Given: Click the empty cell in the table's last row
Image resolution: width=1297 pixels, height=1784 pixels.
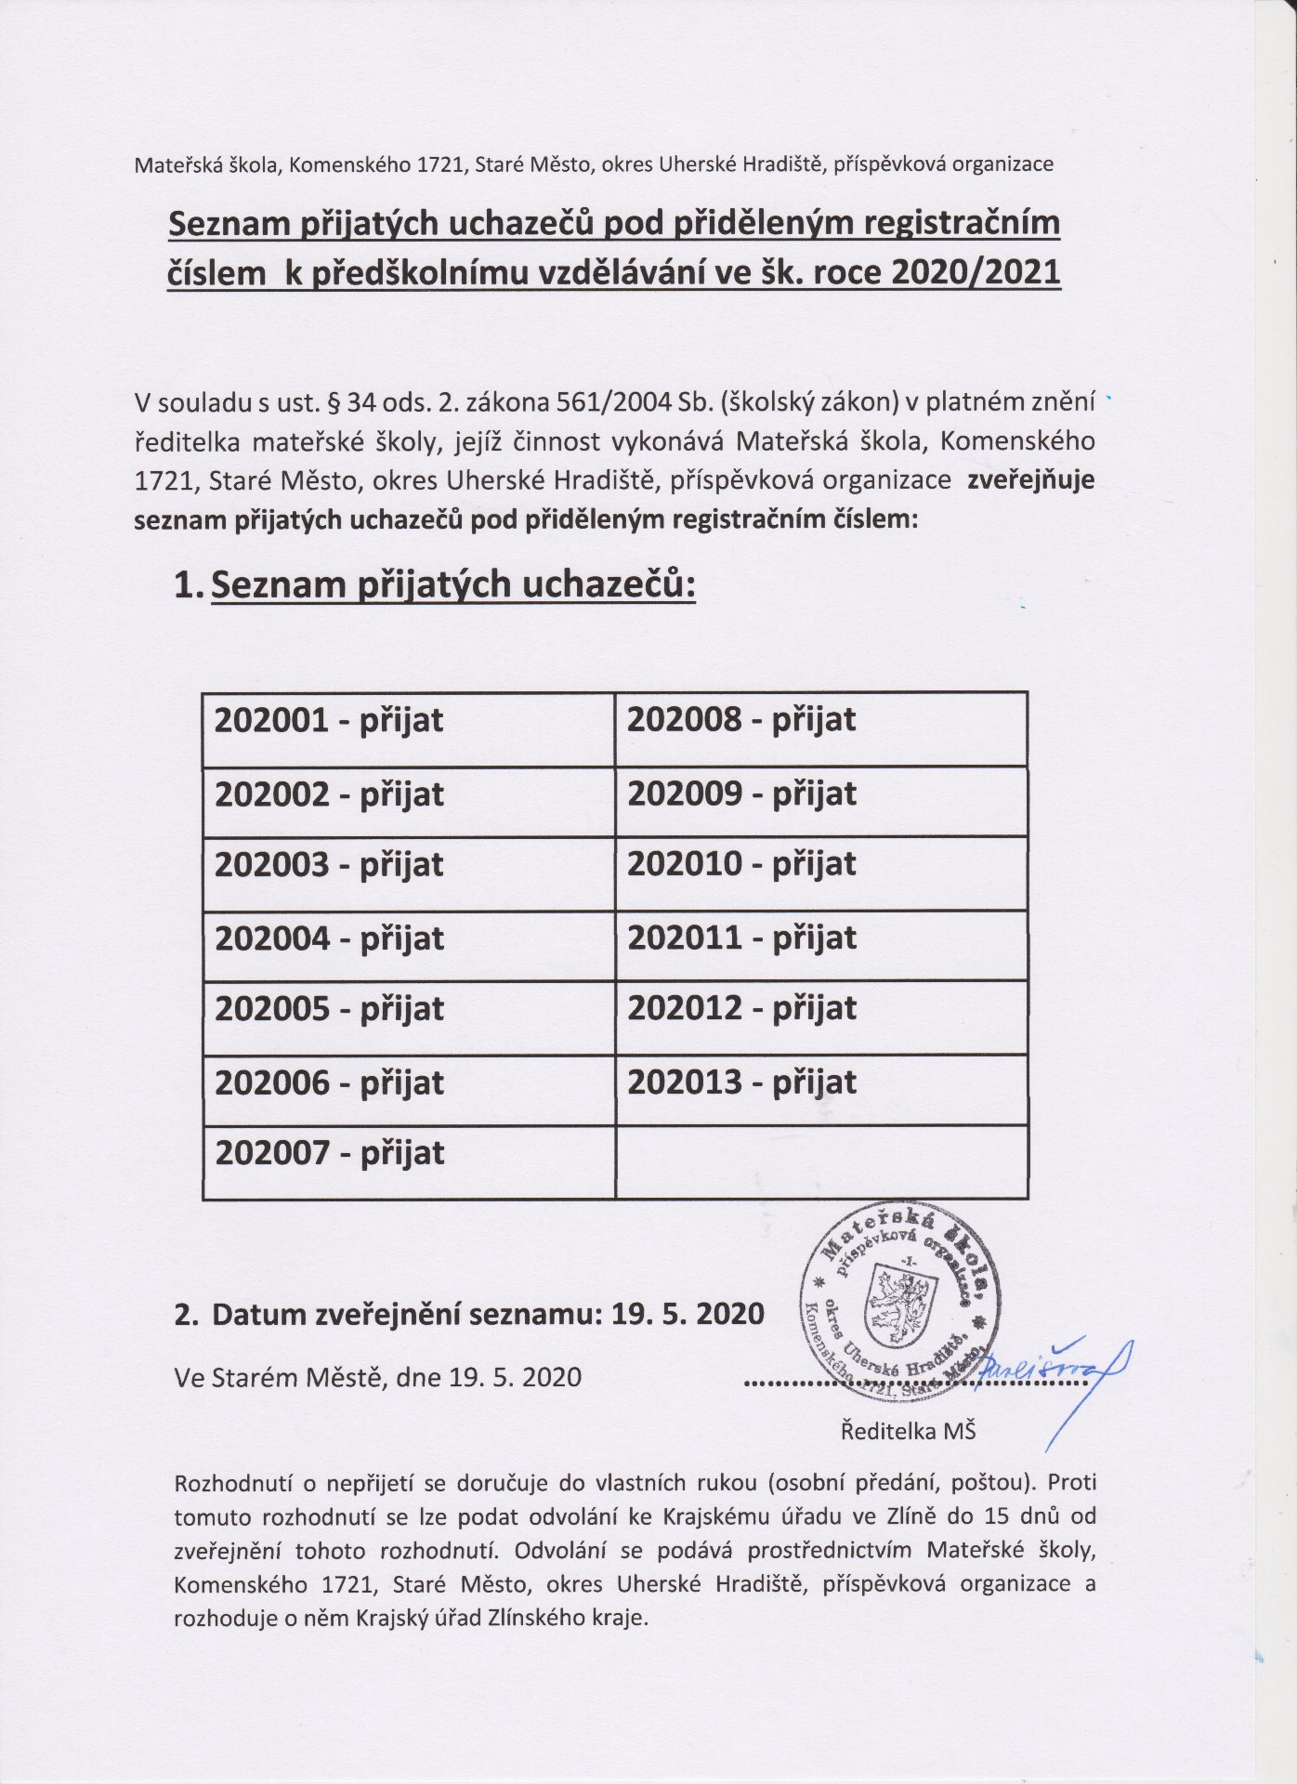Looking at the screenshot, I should tap(821, 1161).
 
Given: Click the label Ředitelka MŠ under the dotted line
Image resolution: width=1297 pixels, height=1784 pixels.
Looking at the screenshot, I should tap(908, 1431).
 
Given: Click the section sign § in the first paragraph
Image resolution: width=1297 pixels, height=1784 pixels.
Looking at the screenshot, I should tap(326, 403).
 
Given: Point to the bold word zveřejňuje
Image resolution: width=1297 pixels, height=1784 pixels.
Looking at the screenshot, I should tap(1030, 480).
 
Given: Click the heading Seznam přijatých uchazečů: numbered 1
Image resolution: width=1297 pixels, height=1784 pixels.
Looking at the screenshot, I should tap(452, 584).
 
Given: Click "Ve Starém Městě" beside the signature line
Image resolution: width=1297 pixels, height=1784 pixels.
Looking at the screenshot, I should tap(280, 1376).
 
